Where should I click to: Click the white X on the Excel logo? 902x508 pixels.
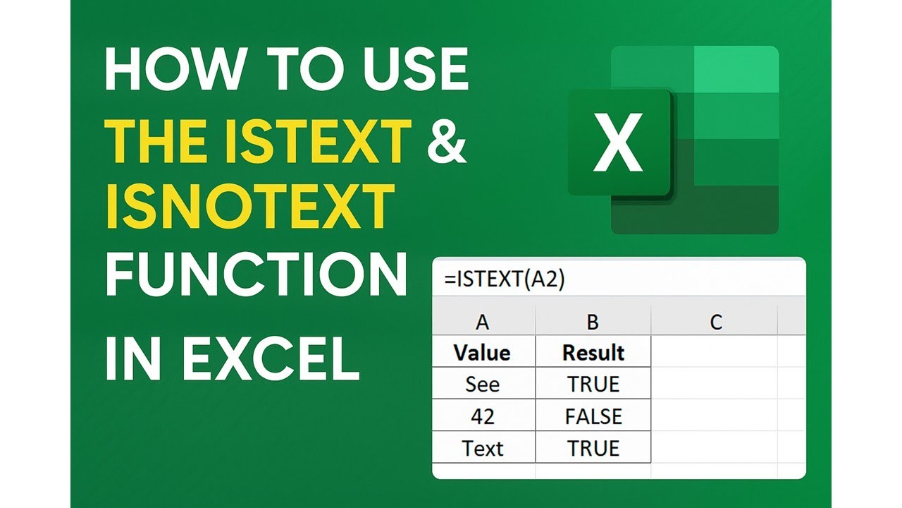[617, 144]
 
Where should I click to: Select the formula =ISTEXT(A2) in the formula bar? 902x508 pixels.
[505, 279]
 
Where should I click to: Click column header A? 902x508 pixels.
[483, 322]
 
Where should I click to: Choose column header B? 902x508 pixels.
[593, 322]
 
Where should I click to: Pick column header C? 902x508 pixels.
[716, 322]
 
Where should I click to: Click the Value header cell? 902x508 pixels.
[483, 353]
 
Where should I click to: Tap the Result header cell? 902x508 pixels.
[593, 353]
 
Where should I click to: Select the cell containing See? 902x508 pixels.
[483, 385]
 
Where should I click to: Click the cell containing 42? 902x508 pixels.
[483, 416]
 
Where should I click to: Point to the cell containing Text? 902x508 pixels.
[483, 448]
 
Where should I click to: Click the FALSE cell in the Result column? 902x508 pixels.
[593, 416]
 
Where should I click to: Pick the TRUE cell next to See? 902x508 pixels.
[593, 385]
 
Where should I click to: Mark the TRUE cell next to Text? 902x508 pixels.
[593, 448]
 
